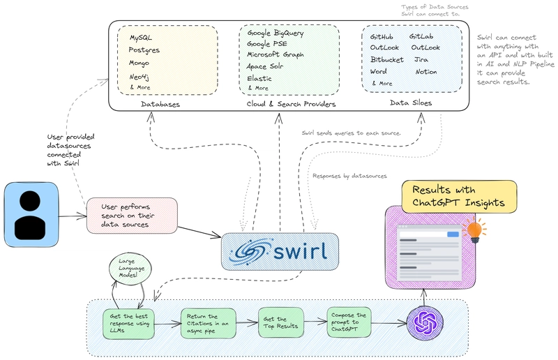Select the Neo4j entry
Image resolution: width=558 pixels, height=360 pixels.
(141, 75)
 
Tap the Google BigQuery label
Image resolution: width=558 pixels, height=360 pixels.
(275, 32)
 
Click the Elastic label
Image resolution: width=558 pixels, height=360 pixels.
(259, 78)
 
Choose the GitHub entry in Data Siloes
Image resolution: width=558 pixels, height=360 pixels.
(381, 36)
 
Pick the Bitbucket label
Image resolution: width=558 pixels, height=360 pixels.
(388, 59)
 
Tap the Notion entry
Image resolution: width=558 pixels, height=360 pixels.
(425, 71)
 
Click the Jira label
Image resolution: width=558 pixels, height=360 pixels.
(422, 59)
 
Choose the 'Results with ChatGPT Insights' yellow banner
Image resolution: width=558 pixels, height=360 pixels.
(458, 195)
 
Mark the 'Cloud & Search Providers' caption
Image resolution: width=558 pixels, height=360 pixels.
(291, 104)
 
